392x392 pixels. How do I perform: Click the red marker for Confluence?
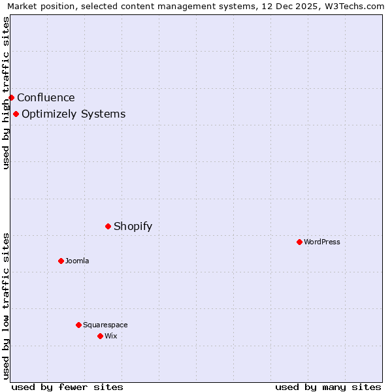pyautogui.click(x=11, y=98)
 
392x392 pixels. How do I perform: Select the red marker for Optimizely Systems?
pyautogui.click(x=16, y=114)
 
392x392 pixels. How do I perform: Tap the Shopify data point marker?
pyautogui.click(x=108, y=227)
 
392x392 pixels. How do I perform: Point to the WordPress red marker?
pyautogui.click(x=299, y=242)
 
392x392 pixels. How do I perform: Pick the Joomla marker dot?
pyautogui.click(x=61, y=261)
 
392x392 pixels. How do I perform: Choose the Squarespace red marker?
pyautogui.click(x=78, y=325)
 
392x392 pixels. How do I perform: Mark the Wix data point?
pyautogui.click(x=100, y=336)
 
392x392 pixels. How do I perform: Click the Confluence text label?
pyautogui.click(x=46, y=98)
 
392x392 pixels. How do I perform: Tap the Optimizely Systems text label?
pyautogui.click(x=73, y=114)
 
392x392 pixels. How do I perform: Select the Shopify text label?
pyautogui.click(x=133, y=227)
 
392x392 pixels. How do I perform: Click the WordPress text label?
pyautogui.click(x=321, y=242)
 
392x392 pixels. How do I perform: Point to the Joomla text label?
pyautogui.click(x=77, y=261)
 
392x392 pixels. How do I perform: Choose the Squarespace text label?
pyautogui.click(x=105, y=325)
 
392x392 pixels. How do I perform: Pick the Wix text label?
pyautogui.click(x=110, y=336)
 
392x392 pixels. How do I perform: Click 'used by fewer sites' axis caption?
pyautogui.click(x=67, y=387)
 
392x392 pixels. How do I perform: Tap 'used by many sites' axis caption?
pyautogui.click(x=328, y=387)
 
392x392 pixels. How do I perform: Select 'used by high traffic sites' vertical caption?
pyautogui.click(x=6, y=93)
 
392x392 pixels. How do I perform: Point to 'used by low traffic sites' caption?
pyautogui.click(x=6, y=306)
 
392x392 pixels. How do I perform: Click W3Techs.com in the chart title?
pyautogui.click(x=355, y=7)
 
